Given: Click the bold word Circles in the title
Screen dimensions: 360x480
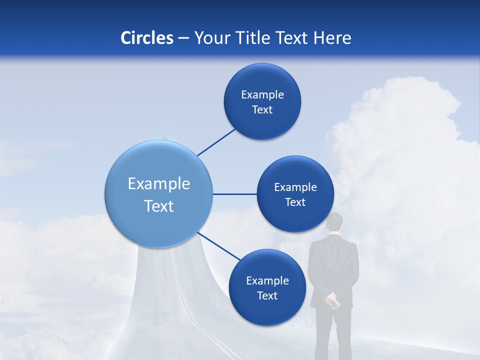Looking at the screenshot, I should (x=146, y=38).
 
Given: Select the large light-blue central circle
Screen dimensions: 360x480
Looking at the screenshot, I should (x=158, y=194).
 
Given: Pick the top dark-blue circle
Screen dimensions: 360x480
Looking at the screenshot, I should (x=262, y=101).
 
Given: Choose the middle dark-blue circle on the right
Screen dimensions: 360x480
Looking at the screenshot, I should (x=295, y=194).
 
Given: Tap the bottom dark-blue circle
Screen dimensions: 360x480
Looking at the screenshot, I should (x=267, y=287).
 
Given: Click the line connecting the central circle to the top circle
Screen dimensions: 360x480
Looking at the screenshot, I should (x=216, y=142).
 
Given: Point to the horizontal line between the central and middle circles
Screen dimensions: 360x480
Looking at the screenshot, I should (x=234, y=194).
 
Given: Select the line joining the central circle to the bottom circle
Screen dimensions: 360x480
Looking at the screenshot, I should (x=218, y=246).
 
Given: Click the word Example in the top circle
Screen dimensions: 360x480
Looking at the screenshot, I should (x=262, y=94).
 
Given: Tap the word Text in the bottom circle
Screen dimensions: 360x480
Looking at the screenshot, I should (x=267, y=295).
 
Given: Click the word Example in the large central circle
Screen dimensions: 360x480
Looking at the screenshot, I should (x=158, y=183).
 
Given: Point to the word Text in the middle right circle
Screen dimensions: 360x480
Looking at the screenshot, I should (x=295, y=202).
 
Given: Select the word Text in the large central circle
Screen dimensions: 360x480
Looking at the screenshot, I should (x=158, y=205).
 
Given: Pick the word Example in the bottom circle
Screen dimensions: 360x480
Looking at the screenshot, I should (x=267, y=280).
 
